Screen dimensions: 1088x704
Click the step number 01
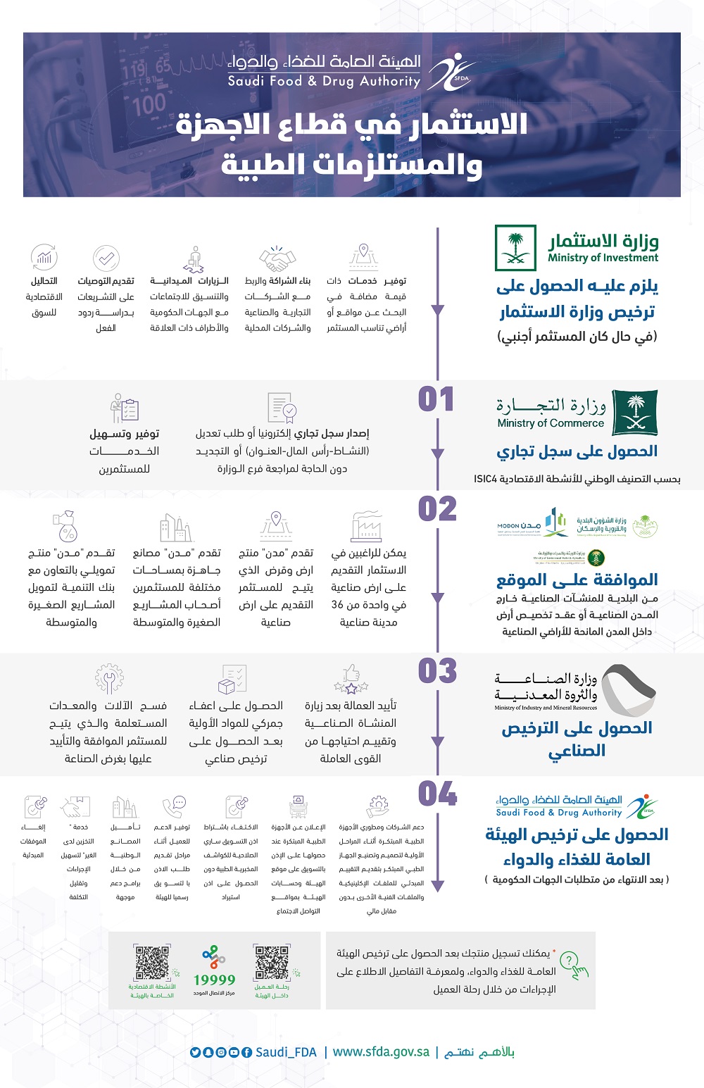coord(436,399)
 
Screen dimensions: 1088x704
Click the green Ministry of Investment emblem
coord(515,248)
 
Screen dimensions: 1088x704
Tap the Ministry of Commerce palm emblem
coord(634,413)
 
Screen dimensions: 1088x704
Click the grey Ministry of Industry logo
coord(629,689)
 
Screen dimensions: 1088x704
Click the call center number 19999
coord(214,980)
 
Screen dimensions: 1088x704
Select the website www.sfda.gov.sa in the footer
coord(381,1051)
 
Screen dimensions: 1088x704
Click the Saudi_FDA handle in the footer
coord(286,1052)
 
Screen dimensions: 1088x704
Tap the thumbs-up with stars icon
coord(351,679)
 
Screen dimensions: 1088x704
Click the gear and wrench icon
coord(109,679)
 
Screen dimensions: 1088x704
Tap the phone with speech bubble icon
coord(173,806)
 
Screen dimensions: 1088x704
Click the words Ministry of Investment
coord(603,258)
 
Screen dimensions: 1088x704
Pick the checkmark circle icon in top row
coord(106,258)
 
